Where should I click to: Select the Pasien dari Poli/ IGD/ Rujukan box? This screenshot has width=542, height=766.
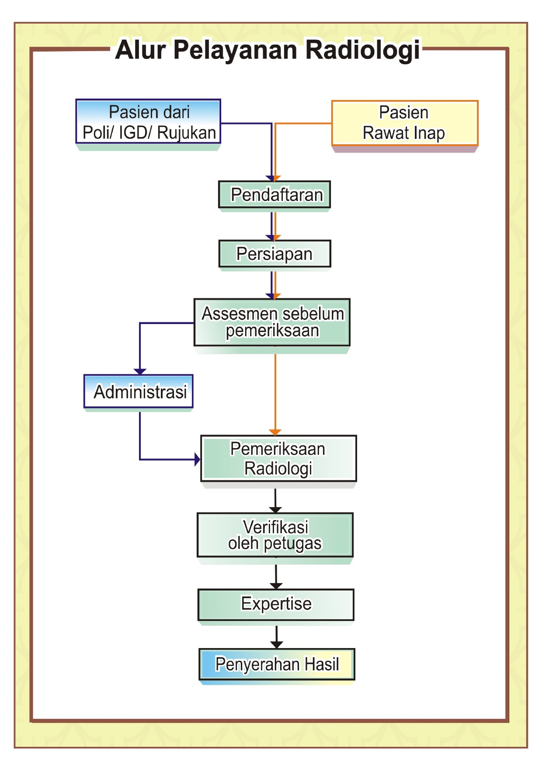[x=149, y=122]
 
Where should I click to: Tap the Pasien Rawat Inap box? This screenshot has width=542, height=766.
[x=405, y=123]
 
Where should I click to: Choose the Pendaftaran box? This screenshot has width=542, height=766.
[x=275, y=195]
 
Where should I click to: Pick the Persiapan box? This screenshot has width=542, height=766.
[x=275, y=254]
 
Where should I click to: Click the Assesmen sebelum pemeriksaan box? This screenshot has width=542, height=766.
[x=272, y=322]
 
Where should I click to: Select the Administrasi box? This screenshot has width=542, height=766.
[x=139, y=391]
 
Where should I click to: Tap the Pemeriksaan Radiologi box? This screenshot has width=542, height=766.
[x=278, y=459]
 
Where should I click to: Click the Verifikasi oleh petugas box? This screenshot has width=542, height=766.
[x=275, y=535]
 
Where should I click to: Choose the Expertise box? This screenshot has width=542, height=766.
[x=276, y=604]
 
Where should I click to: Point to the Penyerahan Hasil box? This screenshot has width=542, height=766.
[x=277, y=664]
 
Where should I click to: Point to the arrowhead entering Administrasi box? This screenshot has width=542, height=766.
[x=140, y=372]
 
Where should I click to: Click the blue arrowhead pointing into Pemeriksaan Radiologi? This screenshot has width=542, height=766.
[x=197, y=459]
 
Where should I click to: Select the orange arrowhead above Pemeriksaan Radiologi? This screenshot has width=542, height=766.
[x=275, y=432]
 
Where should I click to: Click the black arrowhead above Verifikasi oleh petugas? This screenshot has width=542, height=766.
[x=275, y=510]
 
